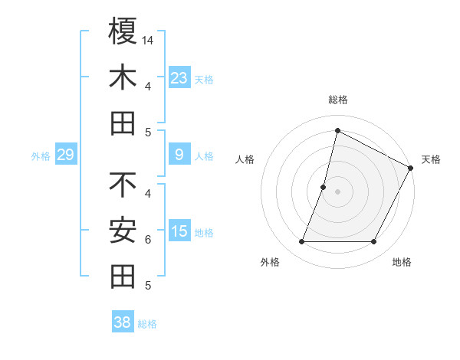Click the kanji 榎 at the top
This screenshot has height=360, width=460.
[x=123, y=31]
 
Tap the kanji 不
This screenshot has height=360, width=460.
[x=123, y=185]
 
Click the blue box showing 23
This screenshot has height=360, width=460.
[x=179, y=77]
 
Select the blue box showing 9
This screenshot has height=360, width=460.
[x=179, y=155]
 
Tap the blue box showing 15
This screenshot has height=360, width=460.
[x=179, y=231]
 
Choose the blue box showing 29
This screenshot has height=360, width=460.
[x=66, y=155]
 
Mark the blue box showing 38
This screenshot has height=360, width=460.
[x=123, y=322]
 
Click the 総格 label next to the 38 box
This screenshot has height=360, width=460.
[x=147, y=324]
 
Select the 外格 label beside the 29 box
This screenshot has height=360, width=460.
[x=41, y=156]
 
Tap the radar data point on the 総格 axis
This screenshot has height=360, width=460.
[x=337, y=131]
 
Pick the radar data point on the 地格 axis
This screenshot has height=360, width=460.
[x=374, y=242]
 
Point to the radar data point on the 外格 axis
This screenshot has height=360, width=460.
[x=301, y=242]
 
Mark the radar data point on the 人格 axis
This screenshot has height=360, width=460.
[x=324, y=187]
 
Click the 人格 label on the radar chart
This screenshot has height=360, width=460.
[x=245, y=159]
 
